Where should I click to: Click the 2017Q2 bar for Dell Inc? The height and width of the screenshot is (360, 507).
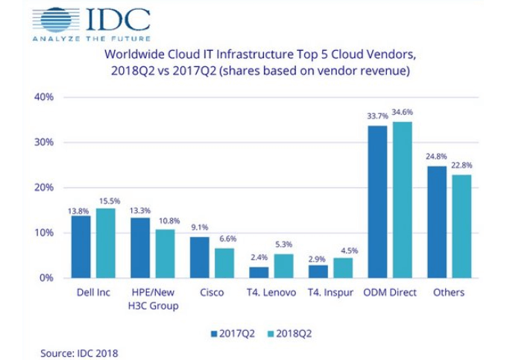pos(81,247)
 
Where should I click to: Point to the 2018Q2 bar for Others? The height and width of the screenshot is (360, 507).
pos(462,226)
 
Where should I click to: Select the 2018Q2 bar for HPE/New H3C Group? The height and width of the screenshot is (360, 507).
pos(166,253)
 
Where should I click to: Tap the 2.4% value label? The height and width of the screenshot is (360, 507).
pos(258,257)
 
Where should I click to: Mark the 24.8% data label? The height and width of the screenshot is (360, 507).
pos(437,157)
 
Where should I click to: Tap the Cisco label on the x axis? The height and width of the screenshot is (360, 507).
pos(212,293)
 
